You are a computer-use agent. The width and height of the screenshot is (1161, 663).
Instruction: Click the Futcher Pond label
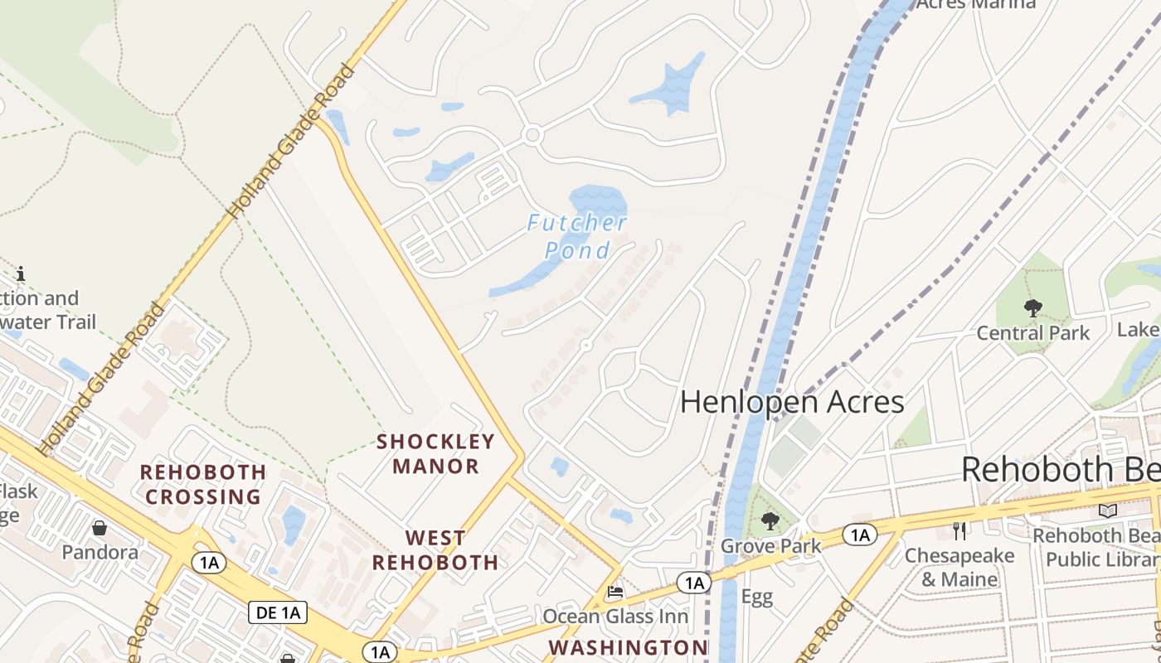(x=578, y=236)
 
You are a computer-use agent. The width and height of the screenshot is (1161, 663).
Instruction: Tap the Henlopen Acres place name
(x=791, y=402)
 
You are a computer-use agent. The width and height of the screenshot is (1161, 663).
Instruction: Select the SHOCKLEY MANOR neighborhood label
(x=435, y=453)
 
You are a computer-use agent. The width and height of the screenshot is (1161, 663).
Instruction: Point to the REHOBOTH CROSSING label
(x=203, y=484)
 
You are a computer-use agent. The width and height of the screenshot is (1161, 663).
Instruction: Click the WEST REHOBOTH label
(x=435, y=550)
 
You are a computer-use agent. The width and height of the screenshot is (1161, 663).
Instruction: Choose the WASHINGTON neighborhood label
(x=629, y=646)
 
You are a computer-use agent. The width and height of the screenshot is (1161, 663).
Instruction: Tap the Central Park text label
(x=1032, y=333)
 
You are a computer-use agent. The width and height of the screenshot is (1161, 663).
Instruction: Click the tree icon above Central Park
(x=1032, y=308)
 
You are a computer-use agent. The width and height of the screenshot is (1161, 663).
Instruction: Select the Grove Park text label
(x=770, y=546)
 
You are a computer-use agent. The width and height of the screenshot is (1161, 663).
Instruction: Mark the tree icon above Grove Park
(x=770, y=521)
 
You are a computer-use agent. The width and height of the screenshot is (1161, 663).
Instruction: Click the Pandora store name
(x=100, y=552)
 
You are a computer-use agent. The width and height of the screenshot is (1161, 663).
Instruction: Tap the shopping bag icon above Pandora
(x=100, y=528)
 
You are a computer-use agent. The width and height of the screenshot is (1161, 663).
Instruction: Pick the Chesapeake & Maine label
(x=959, y=567)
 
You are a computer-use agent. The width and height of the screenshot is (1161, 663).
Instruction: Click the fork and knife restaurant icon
(x=959, y=530)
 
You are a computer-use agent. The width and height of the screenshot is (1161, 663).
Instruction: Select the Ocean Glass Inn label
(x=615, y=617)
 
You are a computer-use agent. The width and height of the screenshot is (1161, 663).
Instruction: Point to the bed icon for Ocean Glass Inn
(x=615, y=592)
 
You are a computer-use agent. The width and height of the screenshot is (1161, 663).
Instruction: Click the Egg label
(x=756, y=598)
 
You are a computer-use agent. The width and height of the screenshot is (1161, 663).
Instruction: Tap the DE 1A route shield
(x=278, y=613)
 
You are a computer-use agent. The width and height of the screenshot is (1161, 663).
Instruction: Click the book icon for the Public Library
(x=1107, y=511)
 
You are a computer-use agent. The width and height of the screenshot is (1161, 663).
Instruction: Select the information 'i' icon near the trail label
(x=21, y=273)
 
